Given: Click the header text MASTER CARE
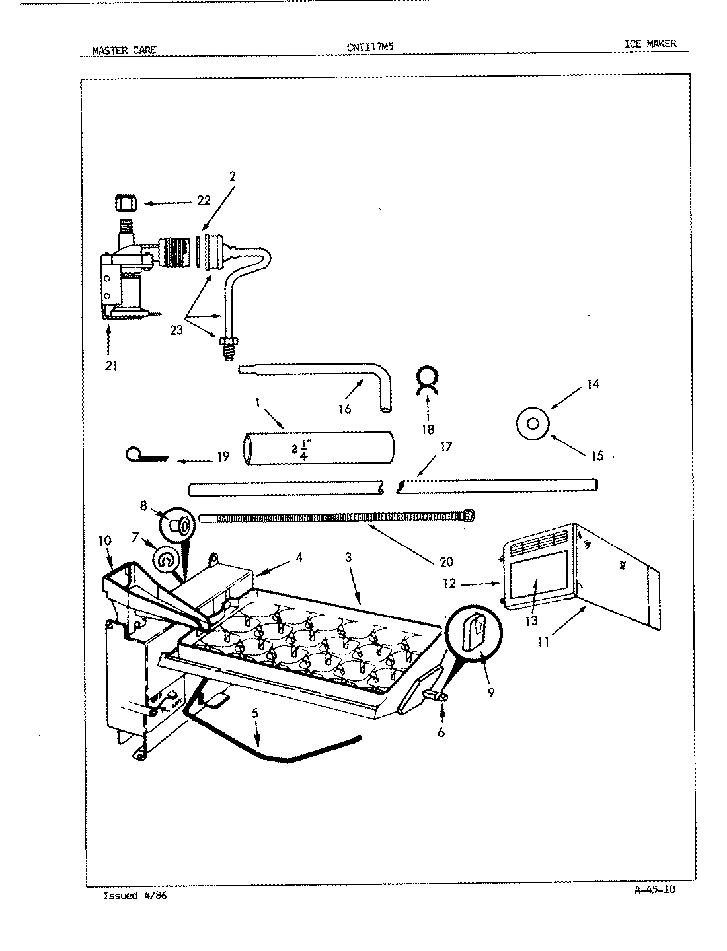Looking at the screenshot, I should (x=124, y=50).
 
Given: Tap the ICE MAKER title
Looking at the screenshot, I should (x=650, y=44).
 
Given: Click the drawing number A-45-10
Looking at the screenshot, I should (x=654, y=889).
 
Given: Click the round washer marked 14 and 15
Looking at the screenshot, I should (x=533, y=423).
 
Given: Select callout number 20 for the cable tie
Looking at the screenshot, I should (x=446, y=561).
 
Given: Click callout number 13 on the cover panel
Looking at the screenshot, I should (x=531, y=621).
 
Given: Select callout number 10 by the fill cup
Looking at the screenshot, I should (x=104, y=540).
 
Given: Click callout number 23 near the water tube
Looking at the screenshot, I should (x=176, y=330).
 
